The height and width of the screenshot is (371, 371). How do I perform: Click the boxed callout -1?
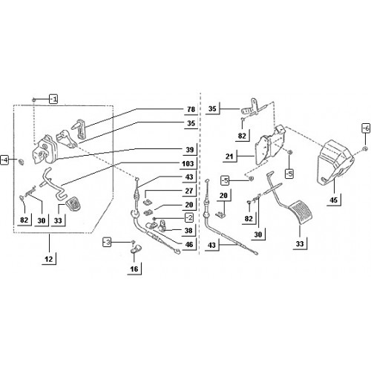point(53,99)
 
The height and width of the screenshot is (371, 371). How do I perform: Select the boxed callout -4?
point(4,160)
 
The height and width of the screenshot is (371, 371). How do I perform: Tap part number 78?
point(191,109)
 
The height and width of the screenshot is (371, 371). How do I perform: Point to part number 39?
point(190,149)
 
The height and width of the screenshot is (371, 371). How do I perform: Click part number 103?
point(188,163)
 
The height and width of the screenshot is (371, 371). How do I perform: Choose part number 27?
point(189,191)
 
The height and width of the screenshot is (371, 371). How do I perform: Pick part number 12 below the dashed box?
point(49,259)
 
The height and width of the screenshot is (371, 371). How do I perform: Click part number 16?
point(134,269)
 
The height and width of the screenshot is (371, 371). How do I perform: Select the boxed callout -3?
point(107,242)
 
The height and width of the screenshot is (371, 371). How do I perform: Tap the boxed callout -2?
point(189,217)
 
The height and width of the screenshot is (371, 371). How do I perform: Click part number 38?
point(188,231)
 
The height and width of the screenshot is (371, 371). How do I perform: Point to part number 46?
point(189,244)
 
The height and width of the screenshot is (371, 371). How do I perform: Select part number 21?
point(229,157)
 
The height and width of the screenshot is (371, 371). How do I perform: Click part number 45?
point(333,200)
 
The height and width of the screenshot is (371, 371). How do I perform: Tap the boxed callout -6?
point(366,128)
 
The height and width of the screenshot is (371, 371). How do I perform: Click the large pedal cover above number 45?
point(336,162)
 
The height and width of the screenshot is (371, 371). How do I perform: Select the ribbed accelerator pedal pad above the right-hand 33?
point(300,212)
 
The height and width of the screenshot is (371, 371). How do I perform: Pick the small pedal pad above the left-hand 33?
point(73,203)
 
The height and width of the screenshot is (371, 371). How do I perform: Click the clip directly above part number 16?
point(136,249)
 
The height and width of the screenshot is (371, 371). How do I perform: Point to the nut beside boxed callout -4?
point(22,162)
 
